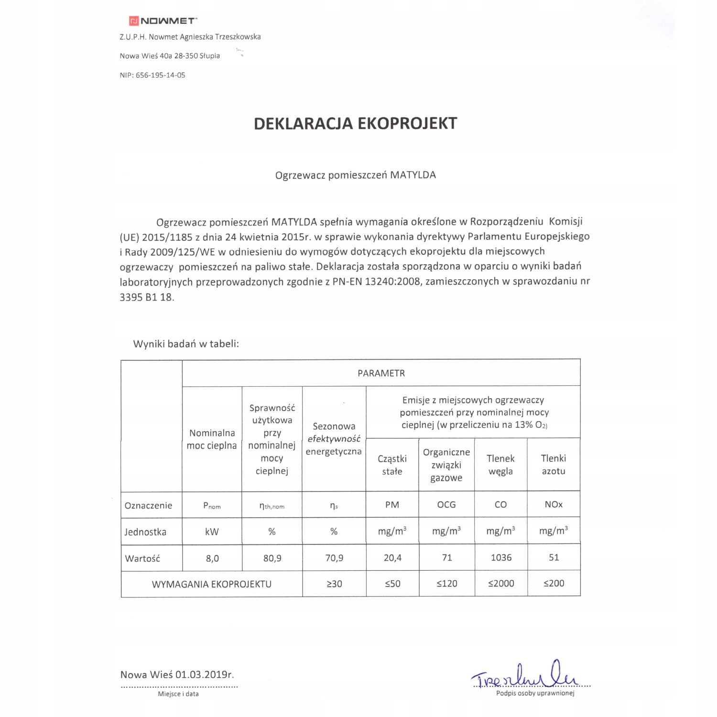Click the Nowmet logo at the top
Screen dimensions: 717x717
[163, 21]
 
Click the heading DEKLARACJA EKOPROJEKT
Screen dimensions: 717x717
[355, 123]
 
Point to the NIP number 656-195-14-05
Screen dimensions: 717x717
[160, 75]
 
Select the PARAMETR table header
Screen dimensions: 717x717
[381, 373]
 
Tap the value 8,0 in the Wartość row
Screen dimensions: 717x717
[212, 558]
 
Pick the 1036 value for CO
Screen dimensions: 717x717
[501, 557]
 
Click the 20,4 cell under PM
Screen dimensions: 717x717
[392, 557]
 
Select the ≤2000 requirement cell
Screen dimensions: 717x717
[501, 584]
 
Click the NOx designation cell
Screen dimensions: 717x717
[554, 504]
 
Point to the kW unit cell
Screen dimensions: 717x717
[212, 531]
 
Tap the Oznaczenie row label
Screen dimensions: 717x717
[148, 505]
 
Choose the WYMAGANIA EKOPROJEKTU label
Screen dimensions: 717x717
[211, 584]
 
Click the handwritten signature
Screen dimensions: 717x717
[526, 674]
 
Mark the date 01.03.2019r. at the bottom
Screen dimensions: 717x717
[205, 675]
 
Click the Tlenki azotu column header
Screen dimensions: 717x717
[554, 465]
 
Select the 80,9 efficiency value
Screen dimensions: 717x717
[272, 558]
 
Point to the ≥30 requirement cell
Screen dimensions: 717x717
[334, 584]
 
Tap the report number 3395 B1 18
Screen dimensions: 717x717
[146, 297]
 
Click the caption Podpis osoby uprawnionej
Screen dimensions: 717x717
[535, 693]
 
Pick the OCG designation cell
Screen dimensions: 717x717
[446, 504]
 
